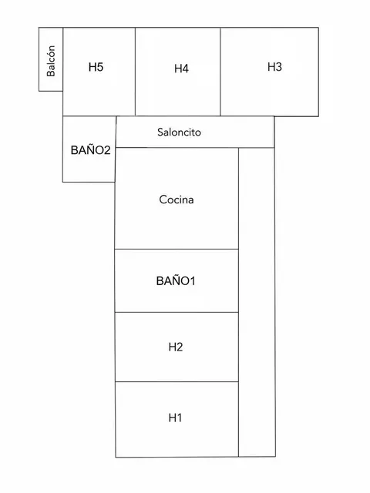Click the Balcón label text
[x=51, y=61]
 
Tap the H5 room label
[x=96, y=67]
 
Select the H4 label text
[x=182, y=69]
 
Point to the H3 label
[x=274, y=67]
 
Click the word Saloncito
[x=179, y=132]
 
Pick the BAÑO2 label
[x=91, y=150]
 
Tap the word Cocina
[x=177, y=200]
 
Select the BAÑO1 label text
[x=176, y=280]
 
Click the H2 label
[x=176, y=347]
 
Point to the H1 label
[x=175, y=418]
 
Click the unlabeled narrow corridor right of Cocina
[x=257, y=302]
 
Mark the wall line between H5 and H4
[x=136, y=72]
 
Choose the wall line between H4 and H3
[x=220, y=72]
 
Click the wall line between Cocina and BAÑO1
[x=177, y=249]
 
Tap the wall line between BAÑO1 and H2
[x=177, y=312]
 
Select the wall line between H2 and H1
[x=177, y=382]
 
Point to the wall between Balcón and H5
[x=63, y=59]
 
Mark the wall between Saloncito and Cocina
[x=177, y=147]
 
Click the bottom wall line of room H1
[x=177, y=457]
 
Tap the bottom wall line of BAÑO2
[x=89, y=182]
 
